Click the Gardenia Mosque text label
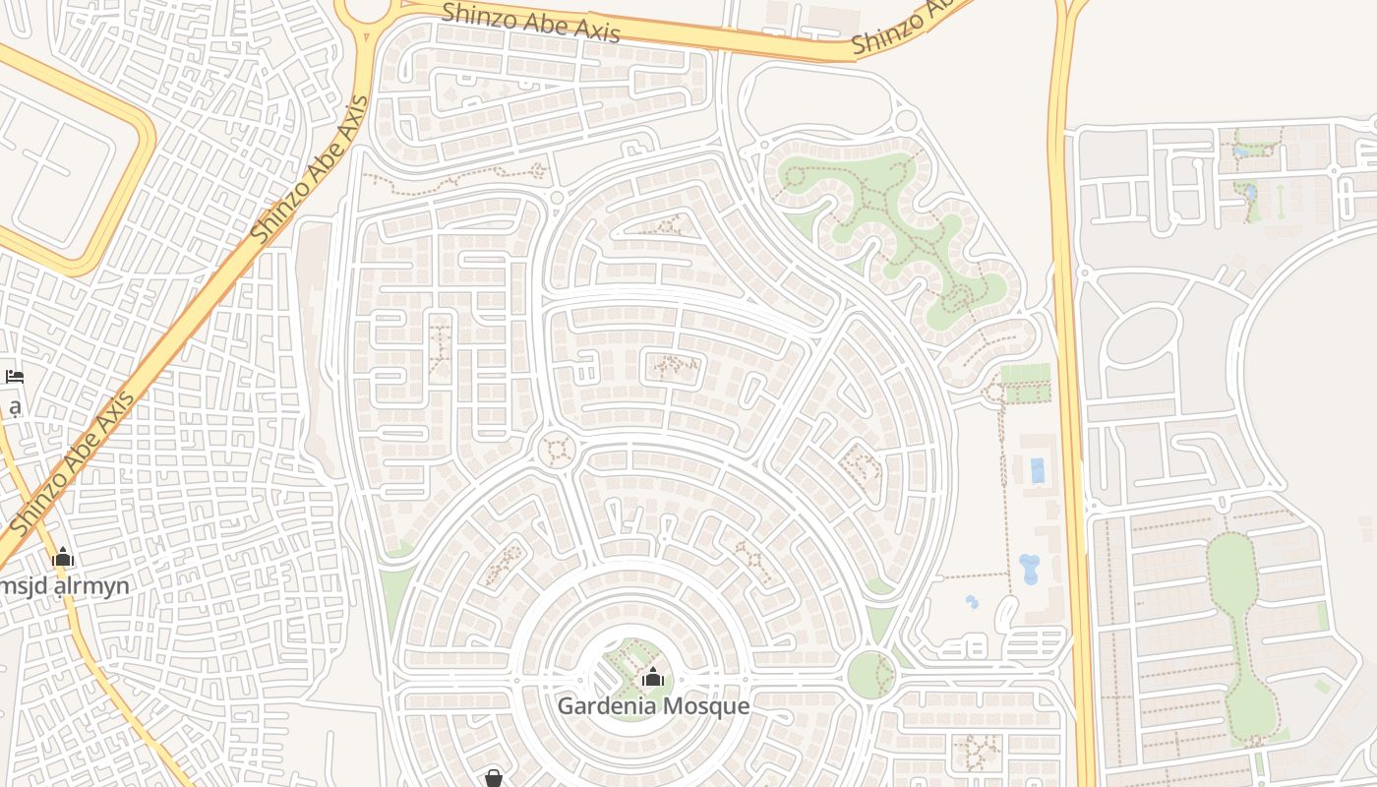pyautogui.click(x=653, y=705)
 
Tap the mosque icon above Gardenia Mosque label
pyautogui.click(x=653, y=677)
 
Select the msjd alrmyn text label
pyautogui.click(x=65, y=586)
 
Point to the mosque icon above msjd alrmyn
pyautogui.click(x=63, y=558)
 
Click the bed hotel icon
pyautogui.click(x=14, y=376)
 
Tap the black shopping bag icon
pyautogui.click(x=494, y=778)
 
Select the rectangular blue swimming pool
pyautogui.click(x=1038, y=470)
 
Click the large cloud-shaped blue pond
pyautogui.click(x=1029, y=568)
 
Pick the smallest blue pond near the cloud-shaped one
pyautogui.click(x=972, y=601)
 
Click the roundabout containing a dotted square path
pyautogui.click(x=558, y=451)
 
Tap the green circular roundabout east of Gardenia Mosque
pyautogui.click(x=870, y=675)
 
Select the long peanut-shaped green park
pyautogui.click(x=1241, y=630)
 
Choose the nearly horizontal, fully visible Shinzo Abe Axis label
pyautogui.click(x=530, y=23)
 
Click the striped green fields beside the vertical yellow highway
pyautogui.click(x=1025, y=383)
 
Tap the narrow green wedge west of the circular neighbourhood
pyautogui.click(x=396, y=600)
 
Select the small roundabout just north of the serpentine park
pyautogui.click(x=906, y=121)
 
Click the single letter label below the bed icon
pyautogui.click(x=14, y=405)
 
